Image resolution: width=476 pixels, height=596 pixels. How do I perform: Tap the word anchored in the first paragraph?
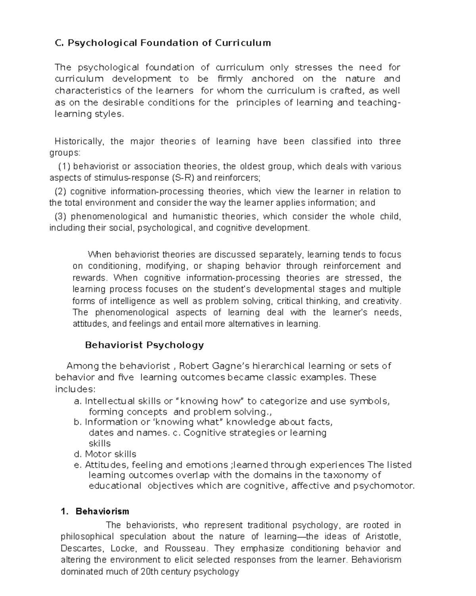[273, 79]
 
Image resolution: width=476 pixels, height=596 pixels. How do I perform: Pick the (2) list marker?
[61, 192]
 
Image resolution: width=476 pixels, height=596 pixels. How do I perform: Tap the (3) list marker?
[61, 217]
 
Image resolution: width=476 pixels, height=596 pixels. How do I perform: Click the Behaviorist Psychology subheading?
[144, 345]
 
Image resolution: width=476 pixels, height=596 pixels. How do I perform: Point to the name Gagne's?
[231, 366]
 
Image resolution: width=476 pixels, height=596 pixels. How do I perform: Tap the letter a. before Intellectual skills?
[78, 401]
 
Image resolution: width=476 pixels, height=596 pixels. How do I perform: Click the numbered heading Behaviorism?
[102, 511]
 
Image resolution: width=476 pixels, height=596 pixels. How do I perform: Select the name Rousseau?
[184, 549]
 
